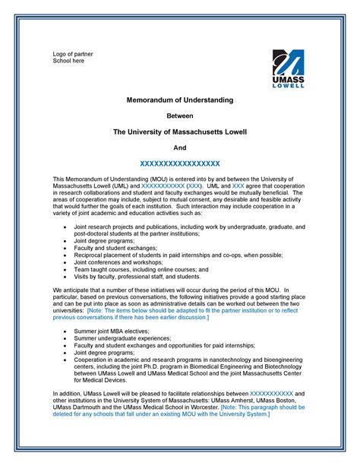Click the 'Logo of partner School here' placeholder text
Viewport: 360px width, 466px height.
[x=68, y=56]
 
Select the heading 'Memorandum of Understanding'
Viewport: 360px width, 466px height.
[x=180, y=100]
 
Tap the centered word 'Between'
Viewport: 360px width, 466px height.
[x=180, y=116]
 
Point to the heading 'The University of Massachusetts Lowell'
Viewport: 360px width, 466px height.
[x=180, y=132]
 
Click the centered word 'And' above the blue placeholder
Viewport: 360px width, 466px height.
[x=180, y=147]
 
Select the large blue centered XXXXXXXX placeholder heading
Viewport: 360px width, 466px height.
[x=180, y=163]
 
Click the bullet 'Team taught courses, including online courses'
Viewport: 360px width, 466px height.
[x=141, y=269]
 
